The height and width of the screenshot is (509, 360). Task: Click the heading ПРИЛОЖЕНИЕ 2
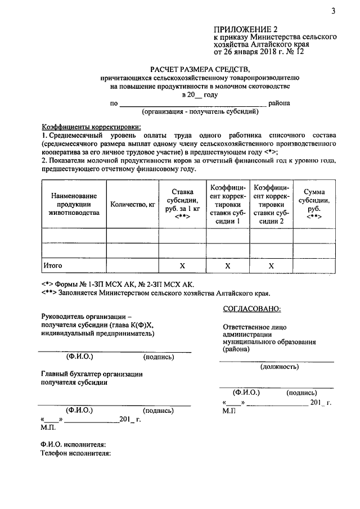coord(245,28)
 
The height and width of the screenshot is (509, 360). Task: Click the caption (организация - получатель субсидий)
coord(200,111)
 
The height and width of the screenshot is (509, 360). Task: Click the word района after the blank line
coord(279,103)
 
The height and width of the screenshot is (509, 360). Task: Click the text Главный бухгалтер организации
coord(92,373)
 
